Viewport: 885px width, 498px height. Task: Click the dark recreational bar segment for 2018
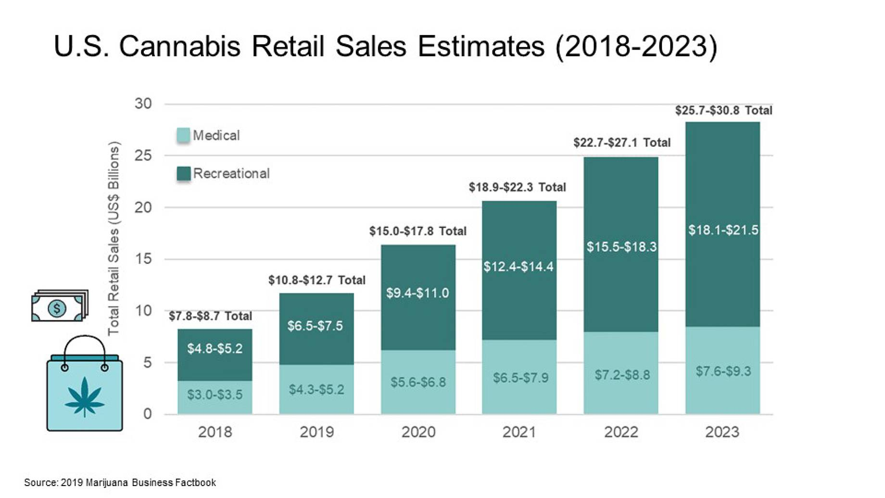(x=215, y=355)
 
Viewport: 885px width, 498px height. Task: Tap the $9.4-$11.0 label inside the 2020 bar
(x=417, y=293)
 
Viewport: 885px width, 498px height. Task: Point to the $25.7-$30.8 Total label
(x=723, y=111)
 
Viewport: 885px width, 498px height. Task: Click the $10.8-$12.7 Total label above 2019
(x=316, y=280)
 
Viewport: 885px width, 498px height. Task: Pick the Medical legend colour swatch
(x=183, y=135)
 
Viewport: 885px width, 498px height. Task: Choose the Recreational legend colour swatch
(x=183, y=173)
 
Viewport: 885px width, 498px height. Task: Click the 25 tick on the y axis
(x=143, y=155)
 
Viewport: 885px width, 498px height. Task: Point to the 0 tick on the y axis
(x=147, y=414)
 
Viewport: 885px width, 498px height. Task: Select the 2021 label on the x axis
(x=519, y=432)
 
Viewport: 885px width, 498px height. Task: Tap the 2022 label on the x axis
(x=621, y=432)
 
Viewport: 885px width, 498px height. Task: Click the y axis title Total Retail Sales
(x=114, y=238)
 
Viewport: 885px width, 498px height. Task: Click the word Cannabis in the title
(x=179, y=47)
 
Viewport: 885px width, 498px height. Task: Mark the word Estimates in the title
(x=481, y=47)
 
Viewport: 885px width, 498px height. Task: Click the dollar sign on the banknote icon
(x=57, y=308)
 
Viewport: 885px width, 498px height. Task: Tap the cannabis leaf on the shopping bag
(x=85, y=397)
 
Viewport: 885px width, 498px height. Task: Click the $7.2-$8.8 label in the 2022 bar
(x=622, y=375)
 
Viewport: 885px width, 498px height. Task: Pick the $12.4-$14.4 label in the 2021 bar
(x=518, y=267)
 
